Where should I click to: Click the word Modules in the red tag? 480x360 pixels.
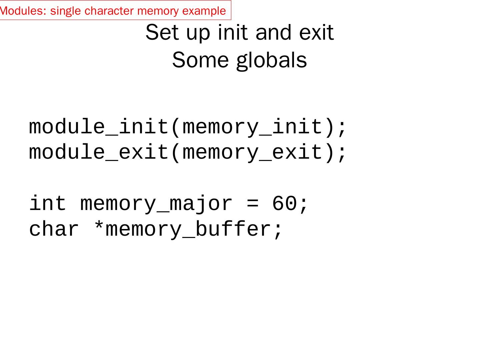pyautogui.click(x=21, y=11)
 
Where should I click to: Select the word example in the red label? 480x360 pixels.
pyautogui.click(x=204, y=11)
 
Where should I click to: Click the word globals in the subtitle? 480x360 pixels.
pyautogui.click(x=272, y=60)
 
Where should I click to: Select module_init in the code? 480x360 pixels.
pyautogui.click(x=99, y=127)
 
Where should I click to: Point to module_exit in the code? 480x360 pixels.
pyautogui.click(x=99, y=152)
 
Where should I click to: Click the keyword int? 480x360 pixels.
pyautogui.click(x=48, y=203)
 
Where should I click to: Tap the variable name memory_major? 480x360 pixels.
pyautogui.click(x=156, y=203)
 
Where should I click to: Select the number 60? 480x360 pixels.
pyautogui.click(x=284, y=203)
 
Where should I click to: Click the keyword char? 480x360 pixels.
pyautogui.click(x=54, y=229)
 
